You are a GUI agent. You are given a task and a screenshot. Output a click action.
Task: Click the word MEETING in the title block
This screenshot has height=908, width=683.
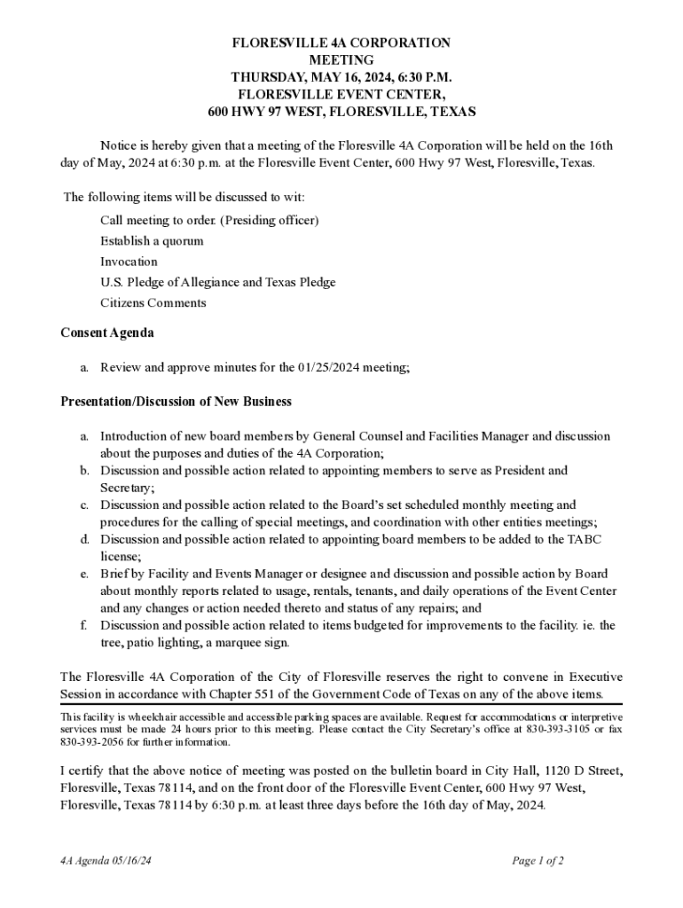pos(341,59)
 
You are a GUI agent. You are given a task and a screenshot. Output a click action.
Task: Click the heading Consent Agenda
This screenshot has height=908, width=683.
pos(106,333)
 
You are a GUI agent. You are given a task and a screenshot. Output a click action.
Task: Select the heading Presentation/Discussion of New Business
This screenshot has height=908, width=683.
pos(176,402)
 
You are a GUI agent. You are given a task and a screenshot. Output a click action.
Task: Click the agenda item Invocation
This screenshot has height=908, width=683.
pos(129,262)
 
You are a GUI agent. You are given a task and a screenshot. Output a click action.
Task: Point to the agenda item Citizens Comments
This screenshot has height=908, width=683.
pos(153,303)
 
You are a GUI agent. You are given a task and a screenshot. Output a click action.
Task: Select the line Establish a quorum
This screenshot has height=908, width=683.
pos(152,241)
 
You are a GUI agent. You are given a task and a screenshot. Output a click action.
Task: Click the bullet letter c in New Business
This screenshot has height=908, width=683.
pos(83,505)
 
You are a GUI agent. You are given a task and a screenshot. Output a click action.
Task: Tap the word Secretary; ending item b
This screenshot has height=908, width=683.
pos(128,488)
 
